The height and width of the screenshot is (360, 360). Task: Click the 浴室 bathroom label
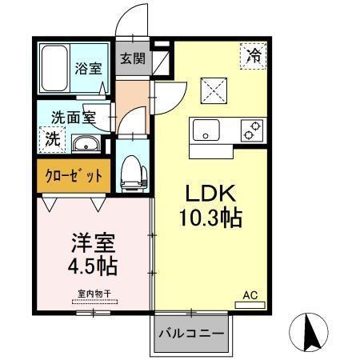click(x=87, y=68)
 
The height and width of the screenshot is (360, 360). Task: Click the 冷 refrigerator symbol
click(x=253, y=57)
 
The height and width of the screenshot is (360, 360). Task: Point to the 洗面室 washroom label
click(x=74, y=115)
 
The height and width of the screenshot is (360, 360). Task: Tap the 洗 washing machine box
click(x=51, y=137)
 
